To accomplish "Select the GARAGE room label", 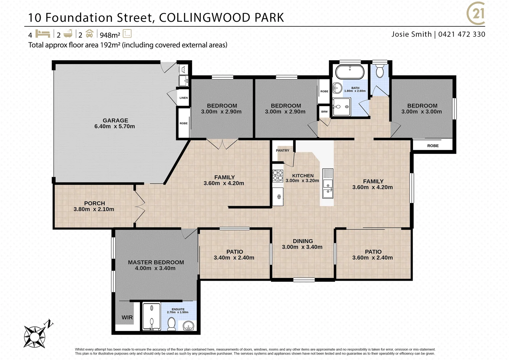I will click(115, 120).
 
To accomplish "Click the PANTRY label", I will click(283, 151).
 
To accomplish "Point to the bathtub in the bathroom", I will click(349, 72).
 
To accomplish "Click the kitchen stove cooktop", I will click(278, 175).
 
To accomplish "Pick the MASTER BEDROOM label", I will click(156, 262).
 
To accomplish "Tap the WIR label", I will click(127, 317).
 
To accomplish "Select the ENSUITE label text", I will click(178, 309).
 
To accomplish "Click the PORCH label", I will click(94, 203).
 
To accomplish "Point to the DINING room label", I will click(303, 241).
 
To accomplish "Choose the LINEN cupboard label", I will click(184, 98).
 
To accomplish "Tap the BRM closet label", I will click(324, 112).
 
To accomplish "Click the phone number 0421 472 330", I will click(462, 34).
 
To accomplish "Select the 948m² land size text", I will click(110, 34).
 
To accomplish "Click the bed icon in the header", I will click(42, 34).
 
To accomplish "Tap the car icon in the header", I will click(89, 34).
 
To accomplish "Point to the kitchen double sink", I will click(328, 188).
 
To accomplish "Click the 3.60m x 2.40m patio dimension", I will click(372, 258).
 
